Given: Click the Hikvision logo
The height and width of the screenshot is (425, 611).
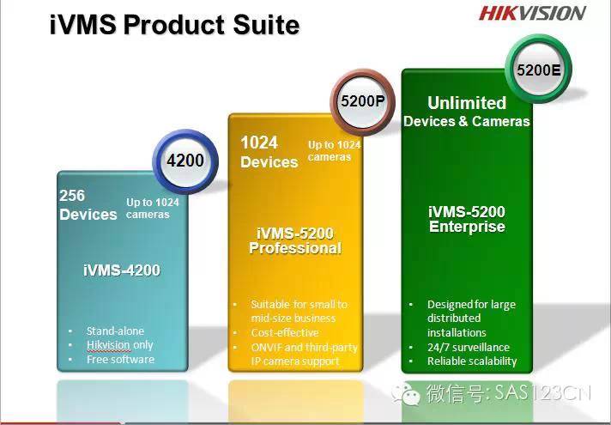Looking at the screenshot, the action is coord(532,13).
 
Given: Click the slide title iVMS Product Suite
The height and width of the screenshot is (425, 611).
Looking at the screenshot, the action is coord(174,25).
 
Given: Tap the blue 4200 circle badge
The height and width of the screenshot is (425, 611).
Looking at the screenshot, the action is coord(185,161).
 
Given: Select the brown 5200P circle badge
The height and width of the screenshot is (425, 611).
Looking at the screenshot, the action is coord(362,102).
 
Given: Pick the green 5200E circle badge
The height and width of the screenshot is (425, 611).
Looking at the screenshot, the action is coord(539,70).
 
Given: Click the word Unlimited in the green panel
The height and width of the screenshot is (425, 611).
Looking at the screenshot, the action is coord(467,103).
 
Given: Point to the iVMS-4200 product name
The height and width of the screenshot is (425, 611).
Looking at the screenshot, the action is coord(122,270).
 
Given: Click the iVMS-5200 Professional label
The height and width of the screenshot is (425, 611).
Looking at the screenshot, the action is coord(295,240).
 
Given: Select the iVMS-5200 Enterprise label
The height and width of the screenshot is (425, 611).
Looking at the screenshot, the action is coord(467,219).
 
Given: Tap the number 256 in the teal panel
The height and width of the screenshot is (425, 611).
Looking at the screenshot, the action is coord(72,196).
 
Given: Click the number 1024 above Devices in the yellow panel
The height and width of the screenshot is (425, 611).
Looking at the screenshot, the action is coord(259,143).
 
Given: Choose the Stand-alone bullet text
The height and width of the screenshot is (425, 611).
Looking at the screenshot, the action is coord(115,331).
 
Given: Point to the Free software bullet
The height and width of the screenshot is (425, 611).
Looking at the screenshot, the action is coord(120,360).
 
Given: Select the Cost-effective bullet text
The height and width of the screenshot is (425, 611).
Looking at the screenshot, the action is coord(285,332).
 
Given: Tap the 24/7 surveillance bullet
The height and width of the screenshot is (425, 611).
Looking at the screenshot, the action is coord(469,347).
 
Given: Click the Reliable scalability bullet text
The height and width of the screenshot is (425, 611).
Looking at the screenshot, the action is coord(472,361).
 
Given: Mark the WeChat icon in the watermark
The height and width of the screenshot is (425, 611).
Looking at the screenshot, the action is coord(406,395).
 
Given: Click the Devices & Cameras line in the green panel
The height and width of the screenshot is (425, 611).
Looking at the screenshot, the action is coord(467,121).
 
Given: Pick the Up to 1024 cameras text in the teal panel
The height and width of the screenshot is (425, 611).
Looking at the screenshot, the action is coord(153,209).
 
